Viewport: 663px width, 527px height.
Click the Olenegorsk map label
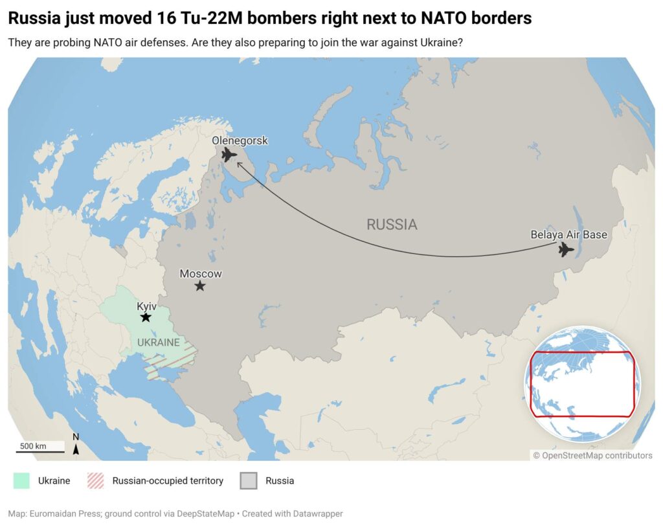240,141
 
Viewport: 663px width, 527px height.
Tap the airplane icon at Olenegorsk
229,155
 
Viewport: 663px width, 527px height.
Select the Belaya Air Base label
568,234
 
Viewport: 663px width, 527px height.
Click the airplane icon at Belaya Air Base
567,249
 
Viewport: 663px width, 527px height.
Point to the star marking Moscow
200,286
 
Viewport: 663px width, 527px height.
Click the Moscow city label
201,274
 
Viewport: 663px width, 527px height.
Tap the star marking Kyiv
146,317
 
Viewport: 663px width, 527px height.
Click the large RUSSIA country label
392,225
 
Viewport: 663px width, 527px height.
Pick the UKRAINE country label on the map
158,342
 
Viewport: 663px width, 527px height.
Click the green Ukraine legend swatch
22,481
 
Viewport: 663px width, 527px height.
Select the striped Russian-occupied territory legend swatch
96,481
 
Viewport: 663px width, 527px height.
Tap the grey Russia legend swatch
249,481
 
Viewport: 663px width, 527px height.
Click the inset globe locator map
582,384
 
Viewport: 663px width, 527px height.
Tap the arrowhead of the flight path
238,164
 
